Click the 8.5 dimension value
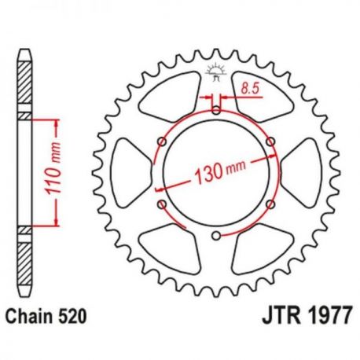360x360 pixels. tap(250, 88)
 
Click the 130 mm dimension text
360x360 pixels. tap(220, 172)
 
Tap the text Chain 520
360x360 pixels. tap(46, 316)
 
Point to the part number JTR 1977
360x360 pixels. tap(306, 315)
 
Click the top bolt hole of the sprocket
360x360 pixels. tap(216, 111)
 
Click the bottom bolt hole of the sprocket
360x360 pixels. tap(216, 236)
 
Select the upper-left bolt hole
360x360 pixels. tap(163, 141)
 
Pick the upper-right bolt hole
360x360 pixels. tap(270, 141)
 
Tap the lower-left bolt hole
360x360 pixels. tap(163, 204)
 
